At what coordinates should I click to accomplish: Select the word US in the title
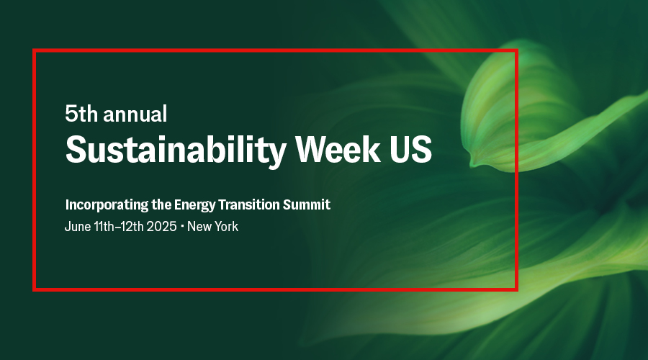(412, 149)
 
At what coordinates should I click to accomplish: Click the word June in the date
(77, 226)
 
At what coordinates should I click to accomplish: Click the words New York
(212, 226)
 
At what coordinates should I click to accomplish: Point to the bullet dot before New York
(182, 226)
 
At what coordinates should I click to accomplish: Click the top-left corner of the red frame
(35, 50)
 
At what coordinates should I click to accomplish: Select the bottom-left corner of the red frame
(35, 289)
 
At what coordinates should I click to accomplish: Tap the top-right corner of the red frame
(516, 50)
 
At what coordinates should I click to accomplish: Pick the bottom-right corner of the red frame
(516, 289)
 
